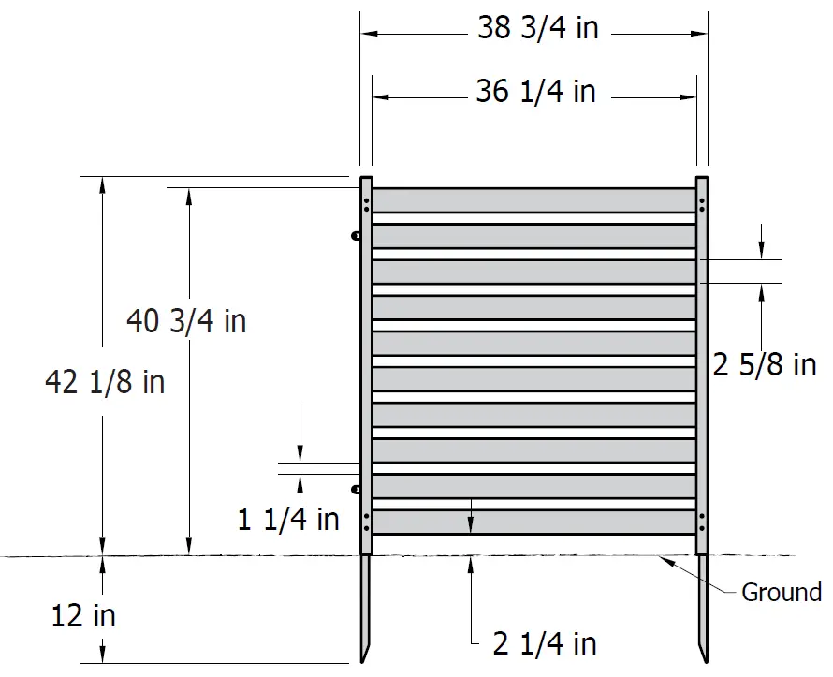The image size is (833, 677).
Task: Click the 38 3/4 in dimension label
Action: pyautogui.click(x=537, y=28)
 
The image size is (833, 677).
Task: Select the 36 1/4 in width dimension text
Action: pyautogui.click(x=535, y=92)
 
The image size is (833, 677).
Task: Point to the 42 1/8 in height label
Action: pyautogui.click(x=104, y=382)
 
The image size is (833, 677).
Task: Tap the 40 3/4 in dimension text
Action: pyautogui.click(x=186, y=321)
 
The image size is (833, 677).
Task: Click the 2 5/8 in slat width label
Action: pyautogui.click(x=764, y=365)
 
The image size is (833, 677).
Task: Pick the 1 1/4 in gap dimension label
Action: pyautogui.click(x=288, y=520)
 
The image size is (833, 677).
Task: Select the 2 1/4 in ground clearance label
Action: pyautogui.click(x=545, y=644)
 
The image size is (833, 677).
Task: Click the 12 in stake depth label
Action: pyautogui.click(x=83, y=616)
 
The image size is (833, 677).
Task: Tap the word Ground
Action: pyautogui.click(x=781, y=593)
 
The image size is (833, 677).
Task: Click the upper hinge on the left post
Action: pyautogui.click(x=356, y=237)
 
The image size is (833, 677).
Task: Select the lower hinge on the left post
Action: pyautogui.click(x=356, y=489)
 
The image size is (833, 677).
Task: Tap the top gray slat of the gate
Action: pyautogui.click(x=533, y=200)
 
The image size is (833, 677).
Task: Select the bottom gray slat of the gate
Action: pyautogui.click(x=533, y=522)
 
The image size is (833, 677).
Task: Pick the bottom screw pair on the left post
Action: pyautogui.click(x=366, y=521)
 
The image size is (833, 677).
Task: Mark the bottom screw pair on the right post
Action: pyautogui.click(x=702, y=521)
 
